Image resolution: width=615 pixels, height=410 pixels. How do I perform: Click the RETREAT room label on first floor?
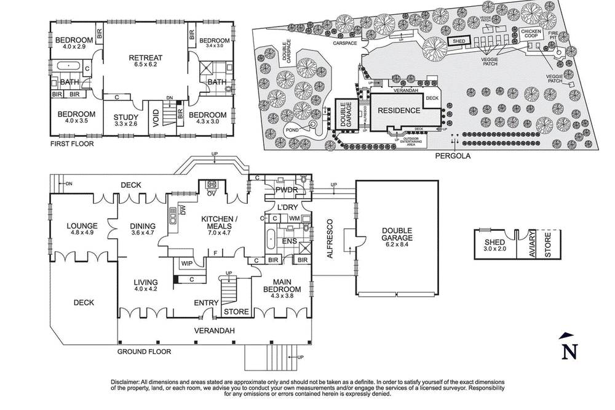pos(145,58)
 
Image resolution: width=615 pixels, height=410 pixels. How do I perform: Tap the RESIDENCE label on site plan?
pos(399,111)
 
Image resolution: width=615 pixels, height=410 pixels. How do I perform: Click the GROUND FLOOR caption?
pos(144,352)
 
